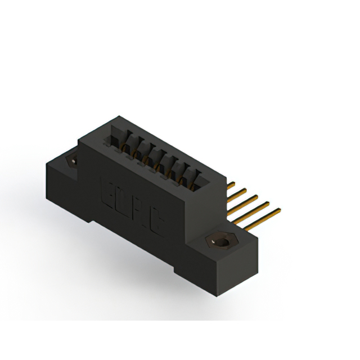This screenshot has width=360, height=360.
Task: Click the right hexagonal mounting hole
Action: point(222,242)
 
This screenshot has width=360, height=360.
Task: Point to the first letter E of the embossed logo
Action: point(107,191)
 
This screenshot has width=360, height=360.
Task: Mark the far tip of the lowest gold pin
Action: point(279,211)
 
